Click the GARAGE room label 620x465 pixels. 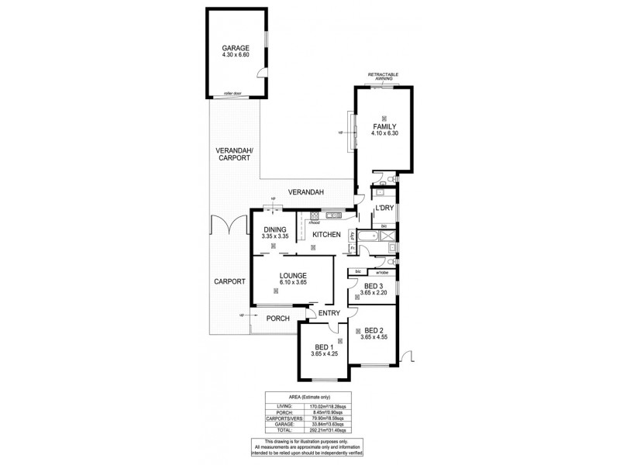point(235,47)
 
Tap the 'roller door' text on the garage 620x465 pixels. point(233,93)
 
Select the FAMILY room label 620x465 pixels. point(384,126)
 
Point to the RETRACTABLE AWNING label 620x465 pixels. point(384,77)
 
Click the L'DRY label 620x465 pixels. point(383,209)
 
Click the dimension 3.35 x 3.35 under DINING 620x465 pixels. point(275,237)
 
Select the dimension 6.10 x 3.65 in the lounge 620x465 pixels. point(294,283)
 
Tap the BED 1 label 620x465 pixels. point(322,346)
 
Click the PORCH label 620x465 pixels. point(277,319)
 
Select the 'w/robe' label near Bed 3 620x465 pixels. point(382,272)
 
